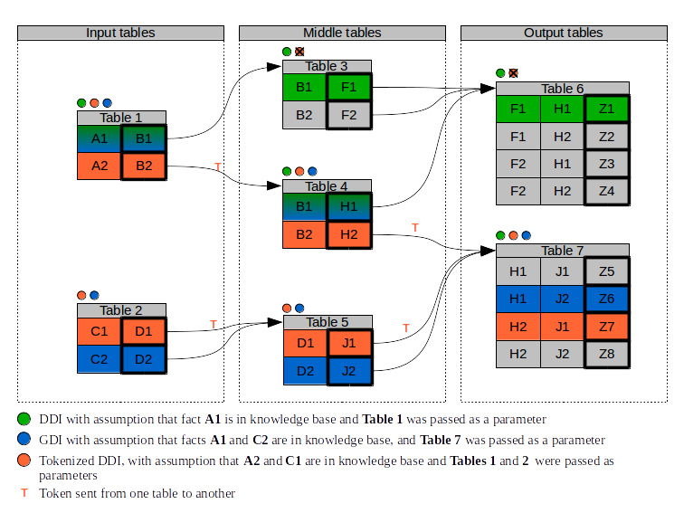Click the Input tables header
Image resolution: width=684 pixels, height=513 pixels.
[120, 33]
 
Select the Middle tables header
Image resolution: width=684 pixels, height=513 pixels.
[342, 33]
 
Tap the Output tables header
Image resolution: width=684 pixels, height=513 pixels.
[563, 33]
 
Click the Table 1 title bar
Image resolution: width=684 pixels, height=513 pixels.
[121, 118]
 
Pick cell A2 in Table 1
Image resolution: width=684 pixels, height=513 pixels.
[100, 166]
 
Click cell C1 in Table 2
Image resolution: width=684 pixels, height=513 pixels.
[100, 331]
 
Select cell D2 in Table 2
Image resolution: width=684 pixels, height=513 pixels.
[144, 358]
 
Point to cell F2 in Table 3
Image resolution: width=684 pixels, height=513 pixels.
[349, 115]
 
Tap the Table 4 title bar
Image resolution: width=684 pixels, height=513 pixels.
[327, 186]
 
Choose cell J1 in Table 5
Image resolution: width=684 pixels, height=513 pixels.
[349, 343]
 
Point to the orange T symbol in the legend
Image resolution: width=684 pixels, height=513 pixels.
[24, 494]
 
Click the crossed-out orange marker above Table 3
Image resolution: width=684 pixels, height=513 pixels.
[299, 52]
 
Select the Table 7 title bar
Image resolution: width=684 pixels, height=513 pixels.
[563, 251]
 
